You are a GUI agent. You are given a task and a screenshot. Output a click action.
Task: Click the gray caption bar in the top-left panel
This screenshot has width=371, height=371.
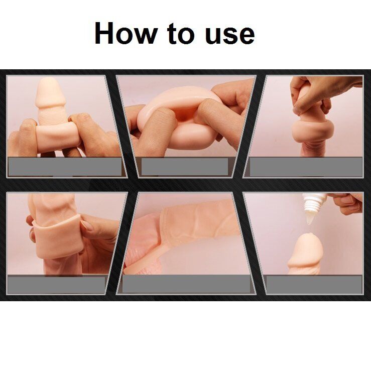[65, 167]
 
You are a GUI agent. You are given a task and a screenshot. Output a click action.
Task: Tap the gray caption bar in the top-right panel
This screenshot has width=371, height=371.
[306, 167]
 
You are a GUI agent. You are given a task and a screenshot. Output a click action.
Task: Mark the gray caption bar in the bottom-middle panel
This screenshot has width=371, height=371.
[186, 284]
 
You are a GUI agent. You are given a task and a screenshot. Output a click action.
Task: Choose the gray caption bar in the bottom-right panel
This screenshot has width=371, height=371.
[314, 284]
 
